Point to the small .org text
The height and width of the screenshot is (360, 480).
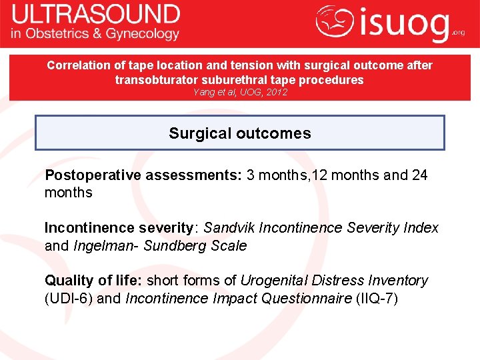pos(459,32)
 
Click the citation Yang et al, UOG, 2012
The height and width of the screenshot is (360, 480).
pos(239,93)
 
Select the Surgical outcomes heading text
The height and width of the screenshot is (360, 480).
pos(240,133)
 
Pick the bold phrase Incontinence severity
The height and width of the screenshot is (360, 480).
pos(118,228)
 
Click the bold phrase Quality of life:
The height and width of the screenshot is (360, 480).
pos(93,281)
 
